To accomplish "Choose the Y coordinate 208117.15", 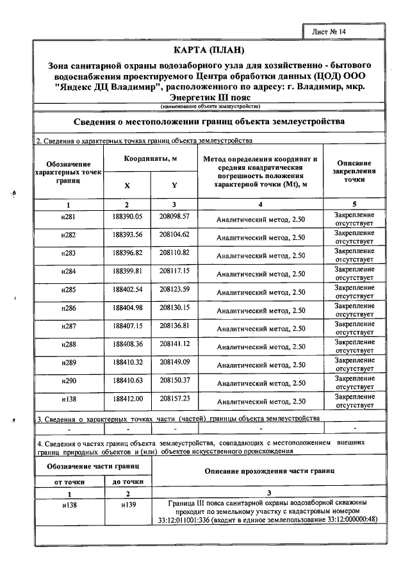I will (x=175, y=271).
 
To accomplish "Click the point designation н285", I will (x=68, y=290).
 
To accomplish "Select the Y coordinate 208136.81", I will (x=175, y=326).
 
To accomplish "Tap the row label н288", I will (x=68, y=344).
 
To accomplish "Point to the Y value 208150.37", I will (x=175, y=380).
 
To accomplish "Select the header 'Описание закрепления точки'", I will (x=355, y=172).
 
